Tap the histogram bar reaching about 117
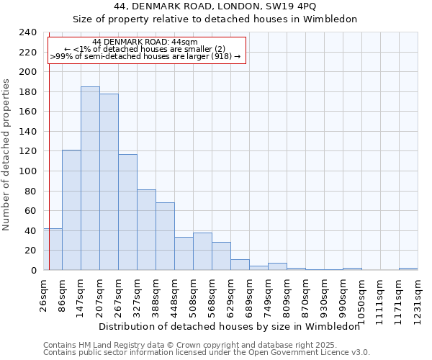[x=127, y=212]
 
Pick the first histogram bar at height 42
[x=53, y=249]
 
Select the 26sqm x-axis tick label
[x=43, y=295]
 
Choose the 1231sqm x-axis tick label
[x=418, y=299]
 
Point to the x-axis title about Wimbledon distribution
[x=229, y=326]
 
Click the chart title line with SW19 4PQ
[x=215, y=6]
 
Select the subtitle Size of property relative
[x=215, y=19]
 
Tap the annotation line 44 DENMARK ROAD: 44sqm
[x=145, y=42]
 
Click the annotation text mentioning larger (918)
[x=145, y=56]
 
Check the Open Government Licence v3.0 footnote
[x=207, y=353]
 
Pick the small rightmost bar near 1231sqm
[x=408, y=269]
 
